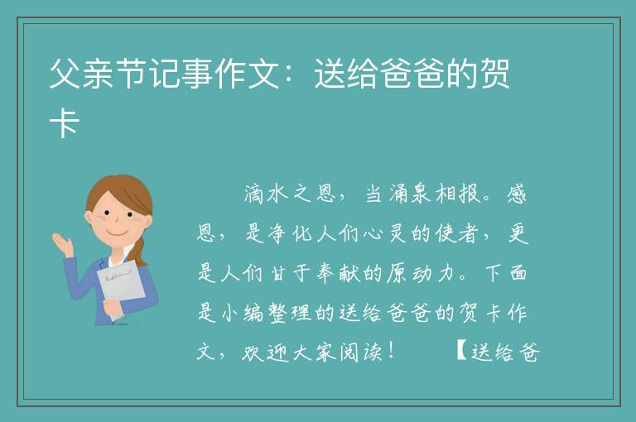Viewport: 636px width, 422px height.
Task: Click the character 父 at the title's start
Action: pyautogui.click(x=65, y=74)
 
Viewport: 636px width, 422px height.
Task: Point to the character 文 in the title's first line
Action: pyautogui.click(x=263, y=74)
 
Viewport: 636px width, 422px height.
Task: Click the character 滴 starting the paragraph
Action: pyautogui.click(x=254, y=194)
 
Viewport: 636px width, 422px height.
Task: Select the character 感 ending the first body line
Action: pyautogui.click(x=517, y=194)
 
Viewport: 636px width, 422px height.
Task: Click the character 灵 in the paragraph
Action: pyautogui.click(x=397, y=233)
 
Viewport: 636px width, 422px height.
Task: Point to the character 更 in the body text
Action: pyautogui.click(x=518, y=233)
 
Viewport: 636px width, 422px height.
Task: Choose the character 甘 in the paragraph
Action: pyautogui.click(x=278, y=273)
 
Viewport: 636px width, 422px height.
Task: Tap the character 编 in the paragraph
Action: pyautogui.click(x=254, y=313)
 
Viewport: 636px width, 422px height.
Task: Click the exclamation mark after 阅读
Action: pyautogui.click(x=391, y=351)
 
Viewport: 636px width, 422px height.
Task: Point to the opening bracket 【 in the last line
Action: pyautogui.click(x=460, y=351)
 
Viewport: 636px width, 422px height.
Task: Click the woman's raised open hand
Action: pyautogui.click(x=63, y=243)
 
